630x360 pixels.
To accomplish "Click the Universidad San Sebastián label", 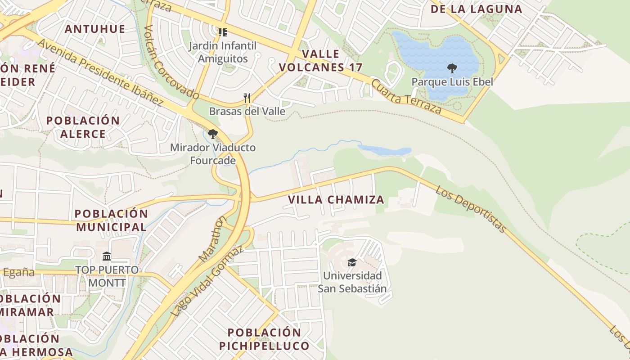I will pos(352,282).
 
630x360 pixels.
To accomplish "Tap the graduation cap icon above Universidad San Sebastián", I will pos(352,262).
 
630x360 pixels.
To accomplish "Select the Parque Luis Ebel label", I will pos(452,82).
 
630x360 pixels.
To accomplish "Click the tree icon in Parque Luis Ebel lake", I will pos(452,68).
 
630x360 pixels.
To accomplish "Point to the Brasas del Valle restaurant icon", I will pos(247,98).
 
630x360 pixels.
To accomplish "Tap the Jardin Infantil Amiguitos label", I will pos(223,52).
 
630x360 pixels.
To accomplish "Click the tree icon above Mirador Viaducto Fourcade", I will pos(213,134).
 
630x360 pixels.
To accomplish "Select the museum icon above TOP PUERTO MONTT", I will pos(107,256).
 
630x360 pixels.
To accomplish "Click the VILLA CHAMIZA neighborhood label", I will pos(336,199).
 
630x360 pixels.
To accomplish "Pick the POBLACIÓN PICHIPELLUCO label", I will pos(264,339).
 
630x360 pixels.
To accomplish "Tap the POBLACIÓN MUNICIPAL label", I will pos(111,220).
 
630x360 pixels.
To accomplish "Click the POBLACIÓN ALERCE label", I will pos(83,127).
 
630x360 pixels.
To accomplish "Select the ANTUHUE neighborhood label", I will pos(94,29).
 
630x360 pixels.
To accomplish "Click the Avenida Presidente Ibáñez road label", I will pos(100,72).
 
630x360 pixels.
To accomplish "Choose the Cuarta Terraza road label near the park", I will pos(406,97).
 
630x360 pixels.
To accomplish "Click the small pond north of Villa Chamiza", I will pos(385,150).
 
